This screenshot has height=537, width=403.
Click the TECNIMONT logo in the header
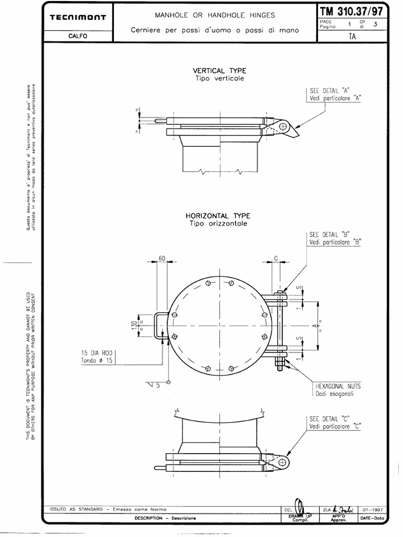point(78,17)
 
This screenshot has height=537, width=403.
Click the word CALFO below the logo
point(78,36)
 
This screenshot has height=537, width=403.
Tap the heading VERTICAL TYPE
point(219,71)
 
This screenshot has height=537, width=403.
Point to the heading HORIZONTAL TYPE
point(218,216)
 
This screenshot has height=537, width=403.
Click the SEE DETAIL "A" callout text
point(334,90)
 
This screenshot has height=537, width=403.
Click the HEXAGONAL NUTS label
point(338,385)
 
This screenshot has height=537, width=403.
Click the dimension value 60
point(162,259)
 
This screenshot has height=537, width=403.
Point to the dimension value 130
point(134,326)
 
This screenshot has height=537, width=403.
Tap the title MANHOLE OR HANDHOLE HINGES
point(215,16)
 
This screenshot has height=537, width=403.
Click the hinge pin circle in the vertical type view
point(282,126)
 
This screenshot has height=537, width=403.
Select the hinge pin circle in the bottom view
point(282,461)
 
